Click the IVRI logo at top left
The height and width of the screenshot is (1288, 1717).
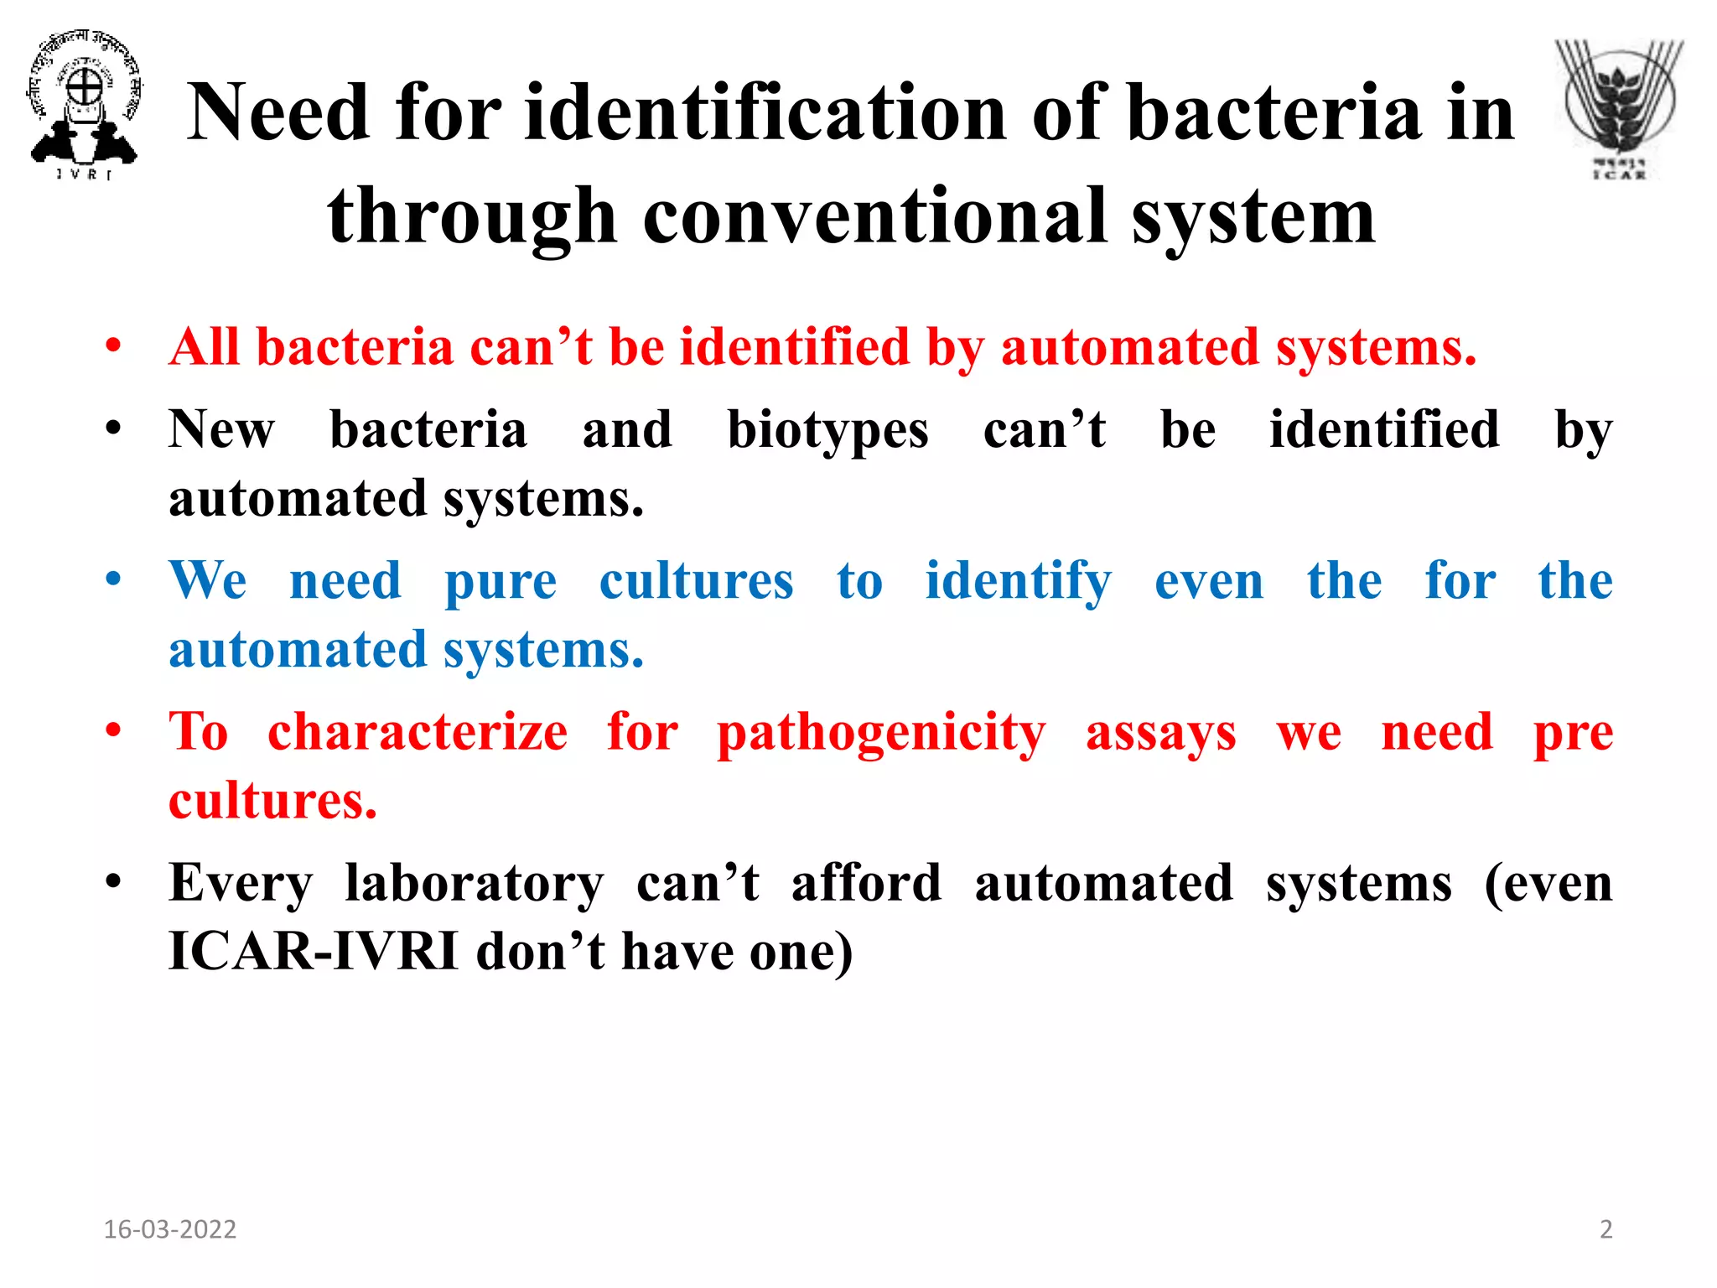pyautogui.click(x=84, y=105)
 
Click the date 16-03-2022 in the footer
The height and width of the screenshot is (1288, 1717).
pyautogui.click(x=170, y=1229)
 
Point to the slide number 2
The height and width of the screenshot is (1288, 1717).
pyautogui.click(x=1605, y=1229)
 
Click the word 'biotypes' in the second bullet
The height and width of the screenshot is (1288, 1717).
pyautogui.click(x=827, y=431)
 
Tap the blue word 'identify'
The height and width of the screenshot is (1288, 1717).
pyautogui.click(x=1018, y=582)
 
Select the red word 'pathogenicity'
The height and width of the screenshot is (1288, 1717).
pyautogui.click(x=881, y=734)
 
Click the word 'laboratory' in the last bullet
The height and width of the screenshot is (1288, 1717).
pyautogui.click(x=474, y=884)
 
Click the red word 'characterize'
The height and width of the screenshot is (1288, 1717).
pyautogui.click(x=418, y=732)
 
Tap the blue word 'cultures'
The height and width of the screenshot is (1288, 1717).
pyautogui.click(x=696, y=581)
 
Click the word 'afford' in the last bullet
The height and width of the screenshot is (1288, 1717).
pyautogui.click(x=866, y=884)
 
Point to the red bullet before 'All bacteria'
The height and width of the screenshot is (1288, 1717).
pyautogui.click(x=114, y=346)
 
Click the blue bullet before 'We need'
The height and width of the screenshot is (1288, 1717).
pyautogui.click(x=114, y=580)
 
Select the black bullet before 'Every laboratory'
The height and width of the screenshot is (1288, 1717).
pyautogui.click(x=114, y=883)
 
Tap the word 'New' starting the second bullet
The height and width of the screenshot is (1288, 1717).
pyautogui.click(x=221, y=430)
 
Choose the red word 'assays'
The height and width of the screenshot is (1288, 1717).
pyautogui.click(x=1160, y=734)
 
